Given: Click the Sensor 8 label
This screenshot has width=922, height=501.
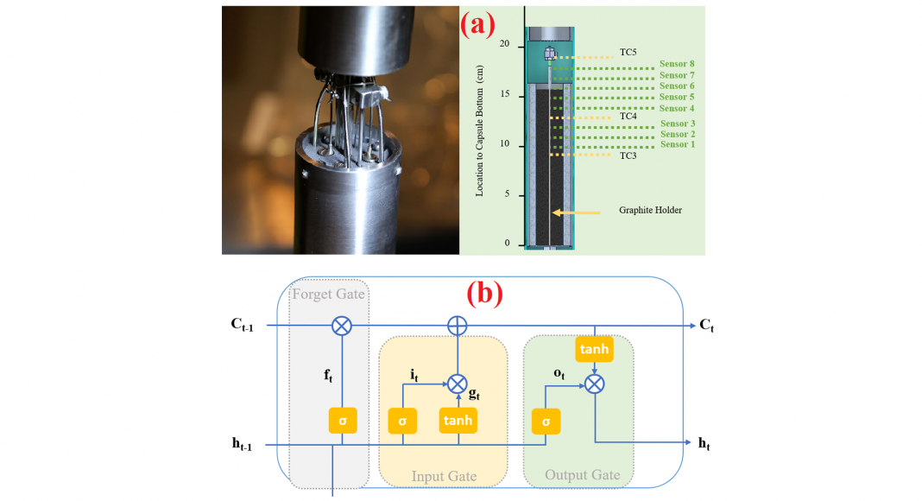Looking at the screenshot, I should pyautogui.click(x=677, y=64).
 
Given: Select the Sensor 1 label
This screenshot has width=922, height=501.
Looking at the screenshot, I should pyautogui.click(x=678, y=144).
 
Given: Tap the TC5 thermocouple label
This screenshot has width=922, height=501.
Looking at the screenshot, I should pyautogui.click(x=628, y=53).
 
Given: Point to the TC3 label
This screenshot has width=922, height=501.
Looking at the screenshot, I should pyautogui.click(x=628, y=155).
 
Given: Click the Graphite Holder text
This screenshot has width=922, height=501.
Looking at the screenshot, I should pyautogui.click(x=650, y=210).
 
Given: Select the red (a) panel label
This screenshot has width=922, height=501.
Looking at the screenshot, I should pyautogui.click(x=478, y=23).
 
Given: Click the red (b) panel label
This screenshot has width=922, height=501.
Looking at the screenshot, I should pyautogui.click(x=484, y=294).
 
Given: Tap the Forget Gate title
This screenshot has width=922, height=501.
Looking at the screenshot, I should pyautogui.click(x=329, y=294).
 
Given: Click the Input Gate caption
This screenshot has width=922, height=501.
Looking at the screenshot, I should pyautogui.click(x=443, y=476).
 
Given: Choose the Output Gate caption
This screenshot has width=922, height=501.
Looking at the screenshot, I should pyautogui.click(x=582, y=474).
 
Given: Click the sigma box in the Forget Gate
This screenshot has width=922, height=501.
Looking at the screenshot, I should pyautogui.click(x=343, y=421).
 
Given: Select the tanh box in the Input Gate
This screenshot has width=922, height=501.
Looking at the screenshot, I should pyautogui.click(x=458, y=421).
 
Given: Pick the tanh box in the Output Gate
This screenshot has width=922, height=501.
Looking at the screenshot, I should pyautogui.click(x=593, y=350).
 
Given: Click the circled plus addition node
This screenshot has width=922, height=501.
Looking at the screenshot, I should pyautogui.click(x=458, y=326).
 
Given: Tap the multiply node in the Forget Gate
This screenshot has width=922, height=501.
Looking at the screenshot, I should pyautogui.click(x=343, y=326).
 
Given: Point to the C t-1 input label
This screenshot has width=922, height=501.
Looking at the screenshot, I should pyautogui.click(x=241, y=326).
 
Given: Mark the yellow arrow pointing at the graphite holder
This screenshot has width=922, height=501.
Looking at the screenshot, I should pyautogui.click(x=576, y=211).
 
